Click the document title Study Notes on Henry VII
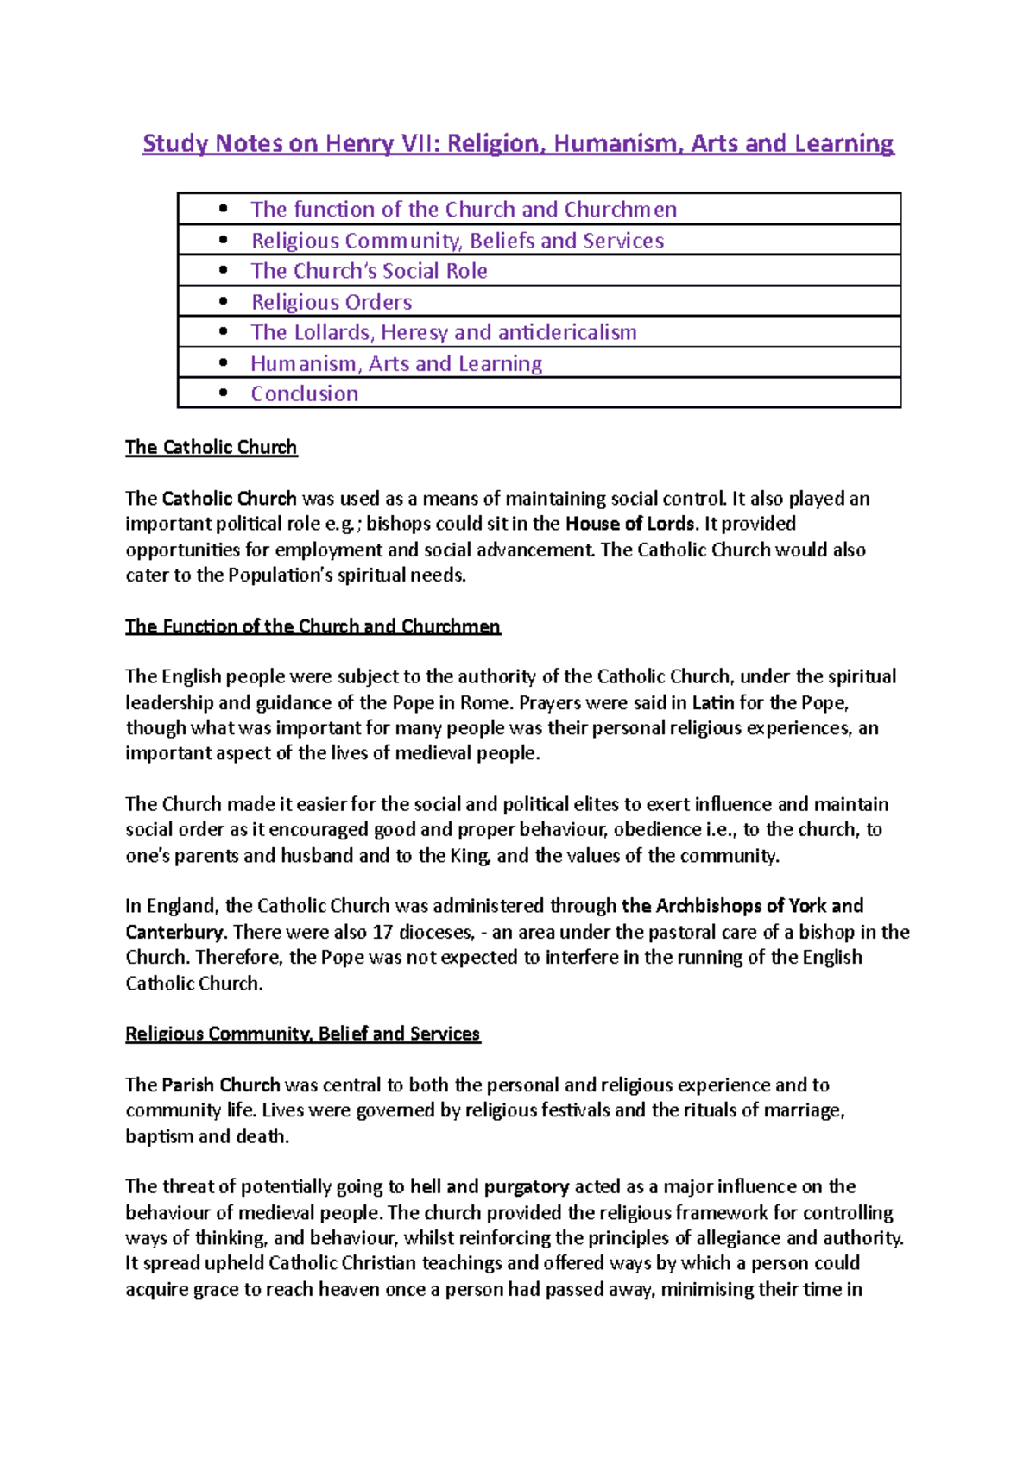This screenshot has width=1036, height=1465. pos(518,143)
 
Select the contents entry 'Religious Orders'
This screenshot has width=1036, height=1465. pos(332,302)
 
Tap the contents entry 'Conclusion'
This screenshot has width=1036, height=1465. pos(304,393)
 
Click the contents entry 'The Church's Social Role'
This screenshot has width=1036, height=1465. pos(369,271)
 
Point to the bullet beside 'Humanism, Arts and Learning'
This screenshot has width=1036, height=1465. pos(224,363)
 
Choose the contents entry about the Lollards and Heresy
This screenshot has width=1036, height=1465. pos(444,332)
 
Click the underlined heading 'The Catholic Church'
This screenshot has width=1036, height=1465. pos(211,447)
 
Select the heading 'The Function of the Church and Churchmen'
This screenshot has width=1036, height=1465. pos(313,626)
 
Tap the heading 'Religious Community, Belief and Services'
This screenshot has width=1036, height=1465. pos(302,1034)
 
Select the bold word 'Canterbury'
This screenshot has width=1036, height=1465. pos(174,933)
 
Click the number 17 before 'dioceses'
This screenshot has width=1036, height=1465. pos(382,933)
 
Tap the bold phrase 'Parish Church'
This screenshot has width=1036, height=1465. pos(221,1085)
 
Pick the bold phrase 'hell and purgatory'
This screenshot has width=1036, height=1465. pos(490,1187)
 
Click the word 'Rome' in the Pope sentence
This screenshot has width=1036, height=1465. pos(484,702)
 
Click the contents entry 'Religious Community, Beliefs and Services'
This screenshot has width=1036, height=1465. pos(458,241)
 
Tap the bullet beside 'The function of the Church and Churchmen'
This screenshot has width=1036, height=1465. pos(224,209)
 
